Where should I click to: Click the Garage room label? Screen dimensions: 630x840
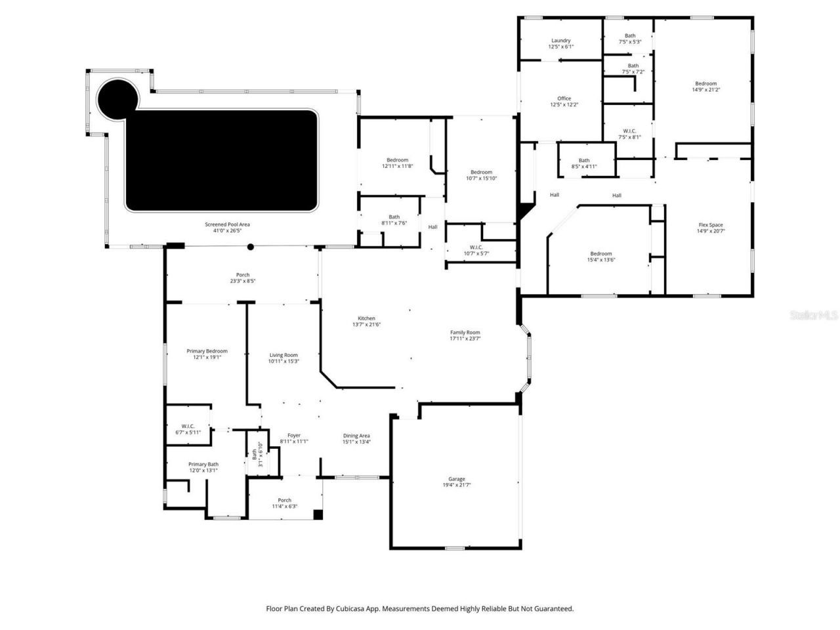click(457, 479)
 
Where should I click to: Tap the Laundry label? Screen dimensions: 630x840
click(560, 41)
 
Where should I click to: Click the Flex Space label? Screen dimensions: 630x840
click(711, 225)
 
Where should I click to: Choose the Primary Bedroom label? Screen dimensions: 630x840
click(207, 351)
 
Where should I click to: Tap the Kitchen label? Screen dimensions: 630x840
click(366, 318)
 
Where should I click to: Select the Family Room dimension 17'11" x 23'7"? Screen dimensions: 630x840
click(465, 339)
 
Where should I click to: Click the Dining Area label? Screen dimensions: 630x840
click(356, 436)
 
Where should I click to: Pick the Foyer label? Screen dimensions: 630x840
click(293, 436)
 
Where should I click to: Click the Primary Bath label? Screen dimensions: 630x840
click(203, 464)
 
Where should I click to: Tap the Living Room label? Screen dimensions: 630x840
click(283, 355)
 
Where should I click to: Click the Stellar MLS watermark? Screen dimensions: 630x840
click(814, 316)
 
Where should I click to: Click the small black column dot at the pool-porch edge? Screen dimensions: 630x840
click(250, 247)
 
